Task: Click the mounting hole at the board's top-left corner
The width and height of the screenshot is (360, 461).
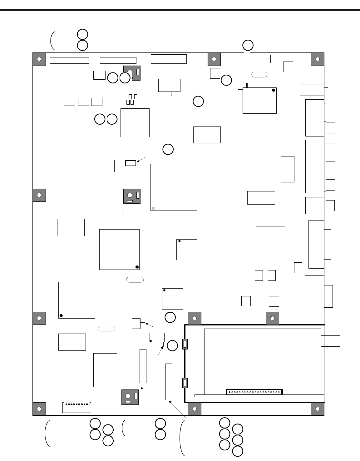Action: click(x=39, y=59)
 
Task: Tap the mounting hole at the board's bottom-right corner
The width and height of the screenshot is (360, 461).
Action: click(x=318, y=409)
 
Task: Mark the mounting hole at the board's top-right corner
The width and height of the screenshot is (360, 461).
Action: click(x=318, y=59)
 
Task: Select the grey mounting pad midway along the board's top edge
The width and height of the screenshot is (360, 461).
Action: click(x=214, y=59)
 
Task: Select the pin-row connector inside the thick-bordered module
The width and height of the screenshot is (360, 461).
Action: click(x=254, y=392)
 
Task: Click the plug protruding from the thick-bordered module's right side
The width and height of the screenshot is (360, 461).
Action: click(x=330, y=341)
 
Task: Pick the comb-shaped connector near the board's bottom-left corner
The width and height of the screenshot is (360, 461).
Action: click(x=77, y=408)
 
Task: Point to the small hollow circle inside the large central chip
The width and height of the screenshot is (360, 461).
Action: click(x=154, y=208)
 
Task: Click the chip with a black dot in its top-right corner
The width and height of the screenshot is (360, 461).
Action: click(x=259, y=100)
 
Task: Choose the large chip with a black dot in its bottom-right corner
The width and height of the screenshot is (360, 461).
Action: click(x=119, y=249)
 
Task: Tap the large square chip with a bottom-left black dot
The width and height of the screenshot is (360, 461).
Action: click(x=77, y=300)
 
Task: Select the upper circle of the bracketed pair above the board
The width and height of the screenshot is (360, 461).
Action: click(x=82, y=34)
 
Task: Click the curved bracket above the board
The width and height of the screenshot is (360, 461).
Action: click(x=52, y=40)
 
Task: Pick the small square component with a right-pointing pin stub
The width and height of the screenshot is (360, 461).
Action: click(x=136, y=323)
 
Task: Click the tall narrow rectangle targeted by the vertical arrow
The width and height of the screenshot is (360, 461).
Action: click(x=143, y=366)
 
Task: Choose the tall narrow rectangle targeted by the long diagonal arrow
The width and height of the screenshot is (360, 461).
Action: click(x=169, y=381)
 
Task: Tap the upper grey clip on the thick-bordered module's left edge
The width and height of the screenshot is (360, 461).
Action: click(x=185, y=344)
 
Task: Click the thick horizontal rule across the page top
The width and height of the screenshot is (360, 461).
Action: click(x=180, y=10)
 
